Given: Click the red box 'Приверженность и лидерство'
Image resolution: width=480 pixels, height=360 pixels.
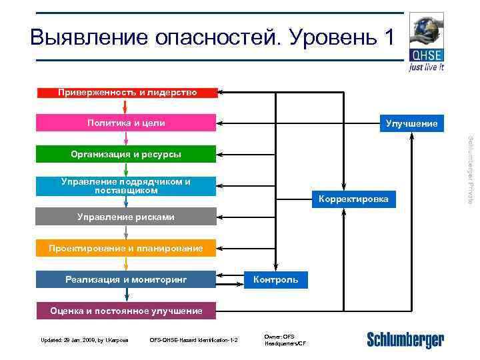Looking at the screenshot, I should (x=127, y=93).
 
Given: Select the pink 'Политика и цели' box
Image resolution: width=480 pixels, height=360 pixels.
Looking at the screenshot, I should (x=127, y=123).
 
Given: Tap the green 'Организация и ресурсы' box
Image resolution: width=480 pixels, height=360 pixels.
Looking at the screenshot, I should (x=127, y=155).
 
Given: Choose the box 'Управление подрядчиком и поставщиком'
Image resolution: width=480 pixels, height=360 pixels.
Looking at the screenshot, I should (x=127, y=186).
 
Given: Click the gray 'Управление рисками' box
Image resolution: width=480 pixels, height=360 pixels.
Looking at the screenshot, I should (x=127, y=217).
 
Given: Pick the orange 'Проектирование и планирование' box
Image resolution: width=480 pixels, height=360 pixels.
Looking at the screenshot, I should (x=127, y=249).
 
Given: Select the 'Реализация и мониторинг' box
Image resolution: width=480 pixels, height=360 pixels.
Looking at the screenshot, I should (x=127, y=279).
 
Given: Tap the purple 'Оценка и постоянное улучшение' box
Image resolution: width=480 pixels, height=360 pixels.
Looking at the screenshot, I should (x=127, y=311).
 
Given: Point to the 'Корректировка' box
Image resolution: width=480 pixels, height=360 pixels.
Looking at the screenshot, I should (x=353, y=199).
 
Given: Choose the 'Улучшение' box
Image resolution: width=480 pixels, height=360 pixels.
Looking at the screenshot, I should (x=411, y=123).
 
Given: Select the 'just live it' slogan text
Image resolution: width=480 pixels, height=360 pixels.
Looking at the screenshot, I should (x=426, y=67).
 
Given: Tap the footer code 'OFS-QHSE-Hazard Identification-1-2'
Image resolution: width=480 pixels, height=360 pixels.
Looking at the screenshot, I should (x=194, y=341).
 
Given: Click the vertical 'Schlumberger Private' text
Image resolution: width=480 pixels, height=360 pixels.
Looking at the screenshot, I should (x=471, y=170).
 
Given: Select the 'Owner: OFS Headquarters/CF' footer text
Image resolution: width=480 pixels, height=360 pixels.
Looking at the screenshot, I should (x=285, y=340).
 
